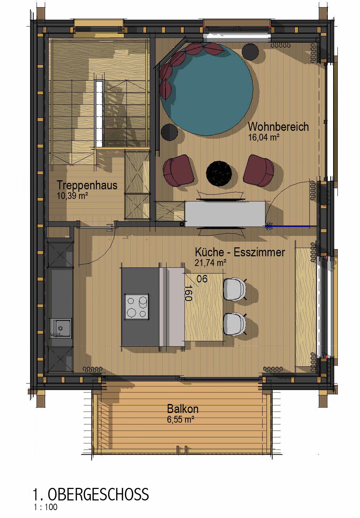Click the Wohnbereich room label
[278, 127]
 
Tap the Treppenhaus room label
[87, 185]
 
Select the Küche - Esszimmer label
[240, 252]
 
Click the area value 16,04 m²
[264, 137]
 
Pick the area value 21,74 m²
[210, 263]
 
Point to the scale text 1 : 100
[45, 507]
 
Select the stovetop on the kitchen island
[136, 306]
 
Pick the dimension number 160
[188, 293]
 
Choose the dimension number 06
[202, 279]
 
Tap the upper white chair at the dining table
[235, 290]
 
